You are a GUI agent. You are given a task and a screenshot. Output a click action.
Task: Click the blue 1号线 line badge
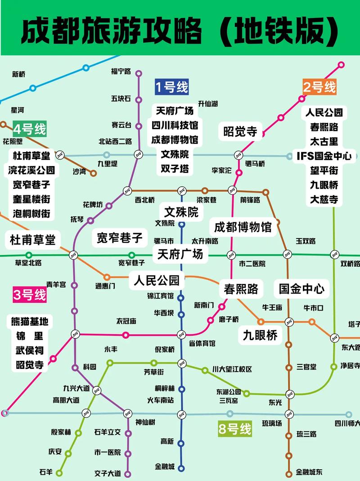171,86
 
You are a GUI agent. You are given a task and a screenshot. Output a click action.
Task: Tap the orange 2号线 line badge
319,87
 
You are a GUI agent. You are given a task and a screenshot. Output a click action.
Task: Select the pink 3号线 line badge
30,295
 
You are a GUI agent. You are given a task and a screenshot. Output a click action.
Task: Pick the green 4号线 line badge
30,130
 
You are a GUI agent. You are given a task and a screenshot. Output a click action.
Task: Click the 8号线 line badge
234,429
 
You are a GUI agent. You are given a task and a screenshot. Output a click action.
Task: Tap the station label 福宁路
121,71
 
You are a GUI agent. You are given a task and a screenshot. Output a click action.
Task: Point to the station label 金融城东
309,472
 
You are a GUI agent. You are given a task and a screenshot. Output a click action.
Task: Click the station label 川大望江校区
232,369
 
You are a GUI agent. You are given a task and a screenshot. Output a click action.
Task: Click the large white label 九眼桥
260,334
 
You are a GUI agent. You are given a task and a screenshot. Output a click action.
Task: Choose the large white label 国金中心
301,288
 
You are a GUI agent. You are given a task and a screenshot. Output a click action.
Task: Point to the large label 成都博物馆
243,226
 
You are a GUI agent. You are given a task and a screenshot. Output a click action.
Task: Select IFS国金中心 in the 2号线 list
324,156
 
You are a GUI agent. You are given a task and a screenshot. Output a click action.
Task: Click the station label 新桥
18,74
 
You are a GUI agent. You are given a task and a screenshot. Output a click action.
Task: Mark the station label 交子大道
108,473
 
